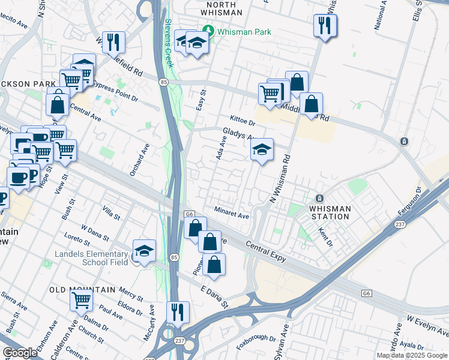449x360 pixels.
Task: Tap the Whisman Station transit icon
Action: coord(320,199)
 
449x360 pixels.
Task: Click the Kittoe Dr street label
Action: coord(242,121)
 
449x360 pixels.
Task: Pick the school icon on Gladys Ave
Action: coord(262,150)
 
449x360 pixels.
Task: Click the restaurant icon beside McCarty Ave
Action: coord(178,312)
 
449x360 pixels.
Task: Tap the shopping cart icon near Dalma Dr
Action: coord(81,299)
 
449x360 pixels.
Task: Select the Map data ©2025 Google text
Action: coord(411,355)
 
